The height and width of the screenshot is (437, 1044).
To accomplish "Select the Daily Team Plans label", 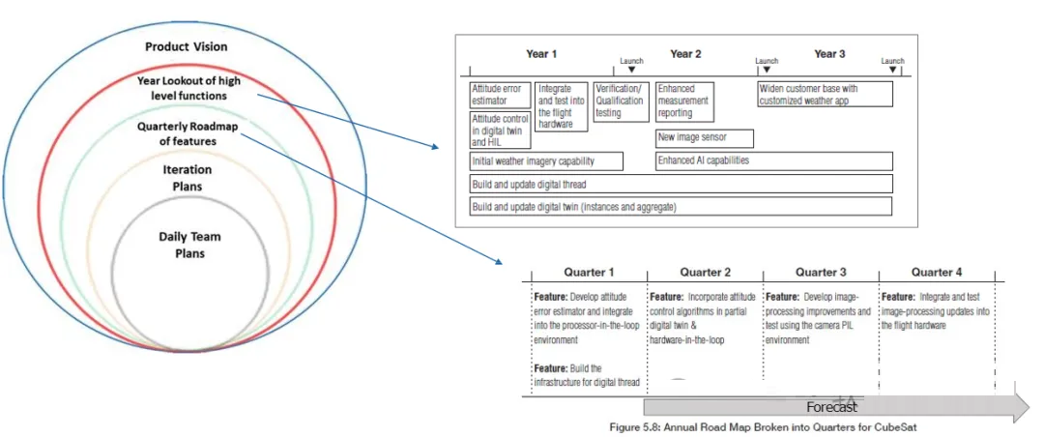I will click(x=189, y=245).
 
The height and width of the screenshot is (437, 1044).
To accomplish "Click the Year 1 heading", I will click(x=541, y=54).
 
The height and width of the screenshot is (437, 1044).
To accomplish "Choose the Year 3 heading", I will click(x=829, y=54).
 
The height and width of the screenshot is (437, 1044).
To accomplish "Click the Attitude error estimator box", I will click(x=500, y=95).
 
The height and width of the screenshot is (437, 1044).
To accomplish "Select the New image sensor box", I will click(x=706, y=138).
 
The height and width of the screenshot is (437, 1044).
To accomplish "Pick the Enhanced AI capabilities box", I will click(x=773, y=160).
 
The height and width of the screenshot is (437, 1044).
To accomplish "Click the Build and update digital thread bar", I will click(x=681, y=184).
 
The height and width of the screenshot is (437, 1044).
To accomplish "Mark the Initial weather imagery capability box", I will click(x=546, y=160).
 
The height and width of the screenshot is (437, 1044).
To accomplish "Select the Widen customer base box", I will click(x=825, y=95).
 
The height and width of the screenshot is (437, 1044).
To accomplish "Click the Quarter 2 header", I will click(x=706, y=273).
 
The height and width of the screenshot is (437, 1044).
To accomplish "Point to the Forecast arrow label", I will click(x=831, y=407).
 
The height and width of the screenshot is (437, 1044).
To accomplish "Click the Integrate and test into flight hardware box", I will click(x=562, y=106).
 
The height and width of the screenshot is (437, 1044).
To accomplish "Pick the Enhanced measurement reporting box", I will click(x=683, y=101).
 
